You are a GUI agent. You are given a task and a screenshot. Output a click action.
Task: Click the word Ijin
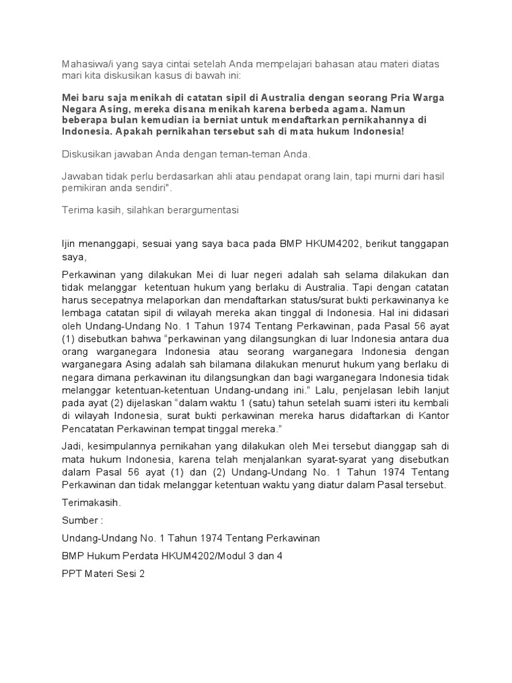click(x=65, y=244)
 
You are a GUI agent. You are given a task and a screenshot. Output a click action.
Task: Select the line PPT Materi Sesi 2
click(x=103, y=573)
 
